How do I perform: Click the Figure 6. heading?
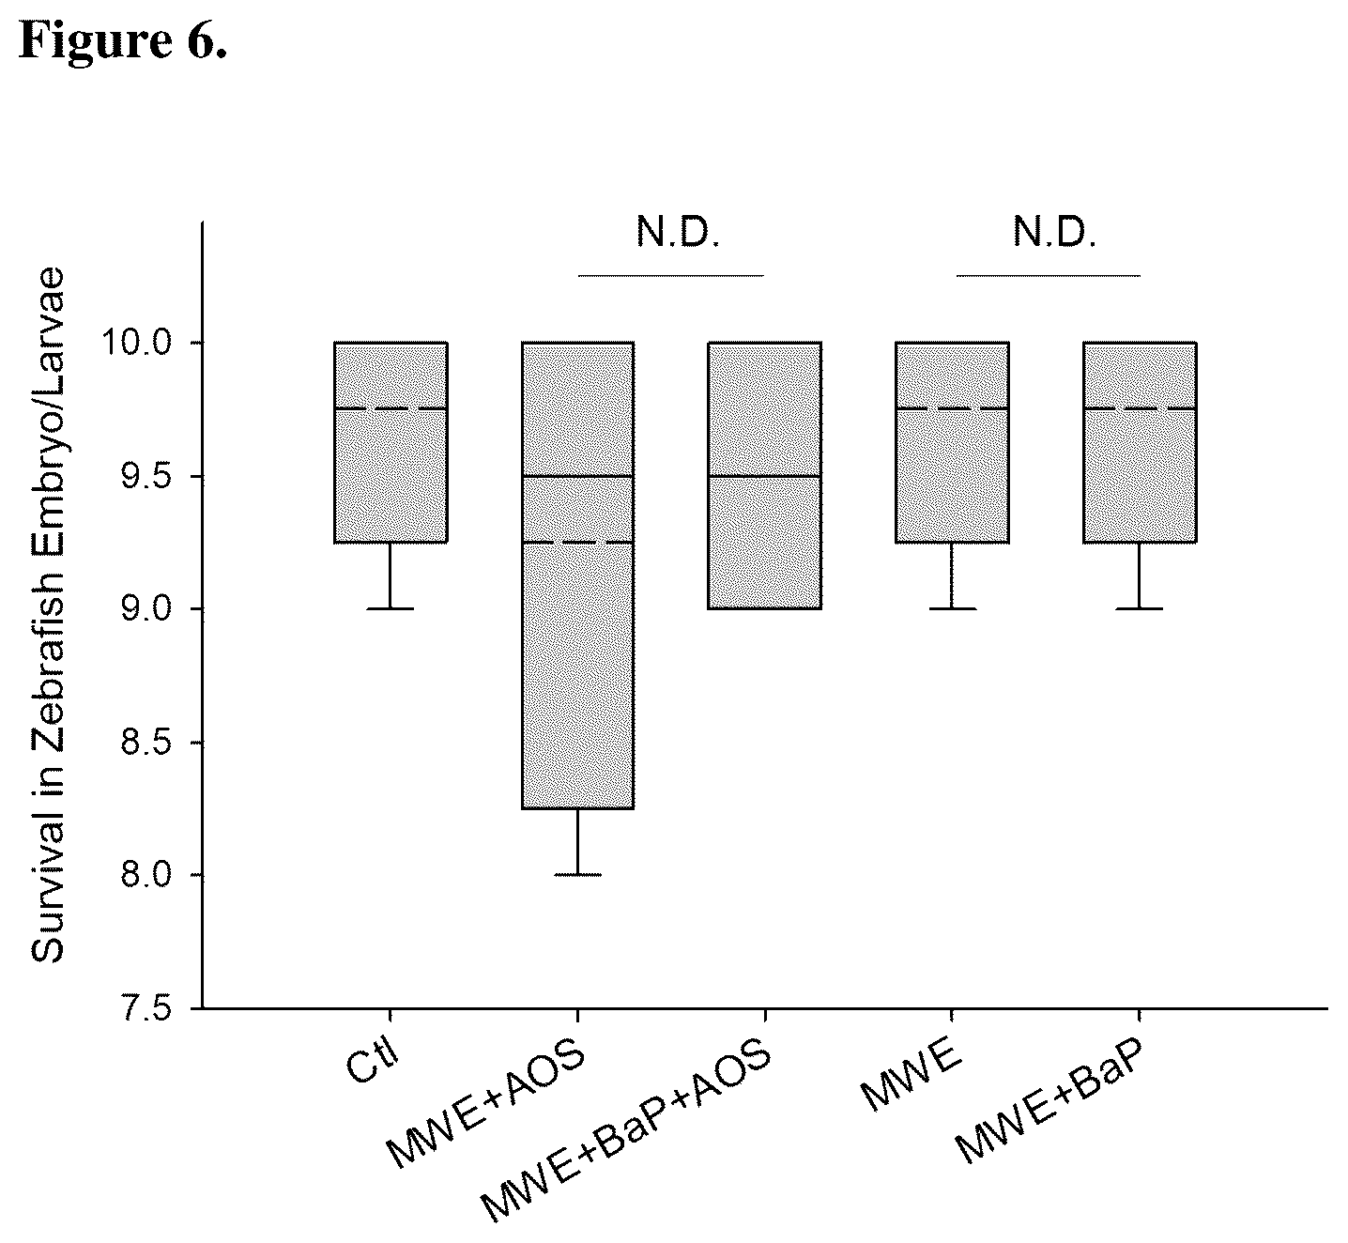(x=123, y=40)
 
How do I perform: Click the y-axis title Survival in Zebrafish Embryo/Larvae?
(x=48, y=614)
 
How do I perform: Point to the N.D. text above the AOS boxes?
(x=678, y=233)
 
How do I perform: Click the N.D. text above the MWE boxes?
(x=1055, y=233)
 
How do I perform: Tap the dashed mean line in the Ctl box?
(x=391, y=408)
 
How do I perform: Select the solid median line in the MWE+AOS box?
(x=577, y=477)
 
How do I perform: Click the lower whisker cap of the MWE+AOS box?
(x=577, y=875)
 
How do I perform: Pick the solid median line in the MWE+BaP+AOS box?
(x=765, y=477)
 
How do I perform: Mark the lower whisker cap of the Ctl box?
(x=391, y=609)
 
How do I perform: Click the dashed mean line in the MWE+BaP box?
(x=1140, y=408)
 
